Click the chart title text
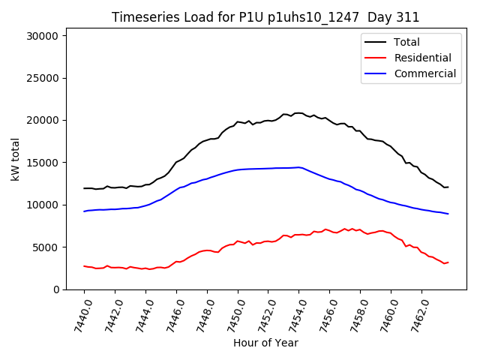(265, 17)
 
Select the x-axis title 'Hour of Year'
(265, 343)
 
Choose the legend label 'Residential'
(423, 58)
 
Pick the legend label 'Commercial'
(425, 73)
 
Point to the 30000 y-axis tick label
(46, 36)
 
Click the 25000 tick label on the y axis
(46, 78)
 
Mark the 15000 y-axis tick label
(46, 163)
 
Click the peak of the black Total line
(298, 113)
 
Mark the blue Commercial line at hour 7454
(298, 167)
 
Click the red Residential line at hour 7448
(207, 250)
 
